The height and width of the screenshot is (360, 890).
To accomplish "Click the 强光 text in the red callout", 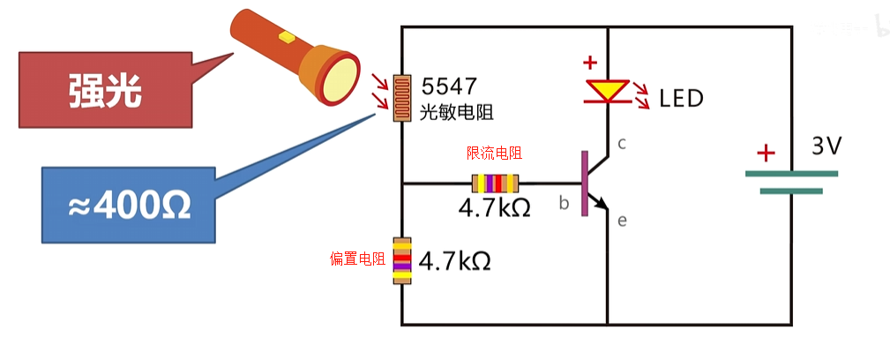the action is point(105,89).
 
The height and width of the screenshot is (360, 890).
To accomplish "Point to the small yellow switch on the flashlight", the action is point(285,37).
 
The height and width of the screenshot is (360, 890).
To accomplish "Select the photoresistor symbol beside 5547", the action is point(402,95).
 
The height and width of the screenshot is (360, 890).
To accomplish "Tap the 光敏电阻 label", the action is point(455,112).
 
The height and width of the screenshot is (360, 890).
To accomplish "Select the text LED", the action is point(682,98).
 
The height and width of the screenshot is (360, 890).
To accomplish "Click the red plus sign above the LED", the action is point(589,64).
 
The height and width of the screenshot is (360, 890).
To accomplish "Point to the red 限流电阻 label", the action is point(494,154).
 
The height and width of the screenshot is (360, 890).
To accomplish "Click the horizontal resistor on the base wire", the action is point(496,184).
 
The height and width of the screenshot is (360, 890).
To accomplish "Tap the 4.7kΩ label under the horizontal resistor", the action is point(494,208).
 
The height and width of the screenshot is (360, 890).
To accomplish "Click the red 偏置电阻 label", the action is point(357,259).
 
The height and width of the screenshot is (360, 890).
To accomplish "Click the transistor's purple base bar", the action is point(584,184).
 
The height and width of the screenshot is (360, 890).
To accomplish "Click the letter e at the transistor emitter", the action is point(622,221).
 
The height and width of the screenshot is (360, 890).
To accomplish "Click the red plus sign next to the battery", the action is point(766,154).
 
